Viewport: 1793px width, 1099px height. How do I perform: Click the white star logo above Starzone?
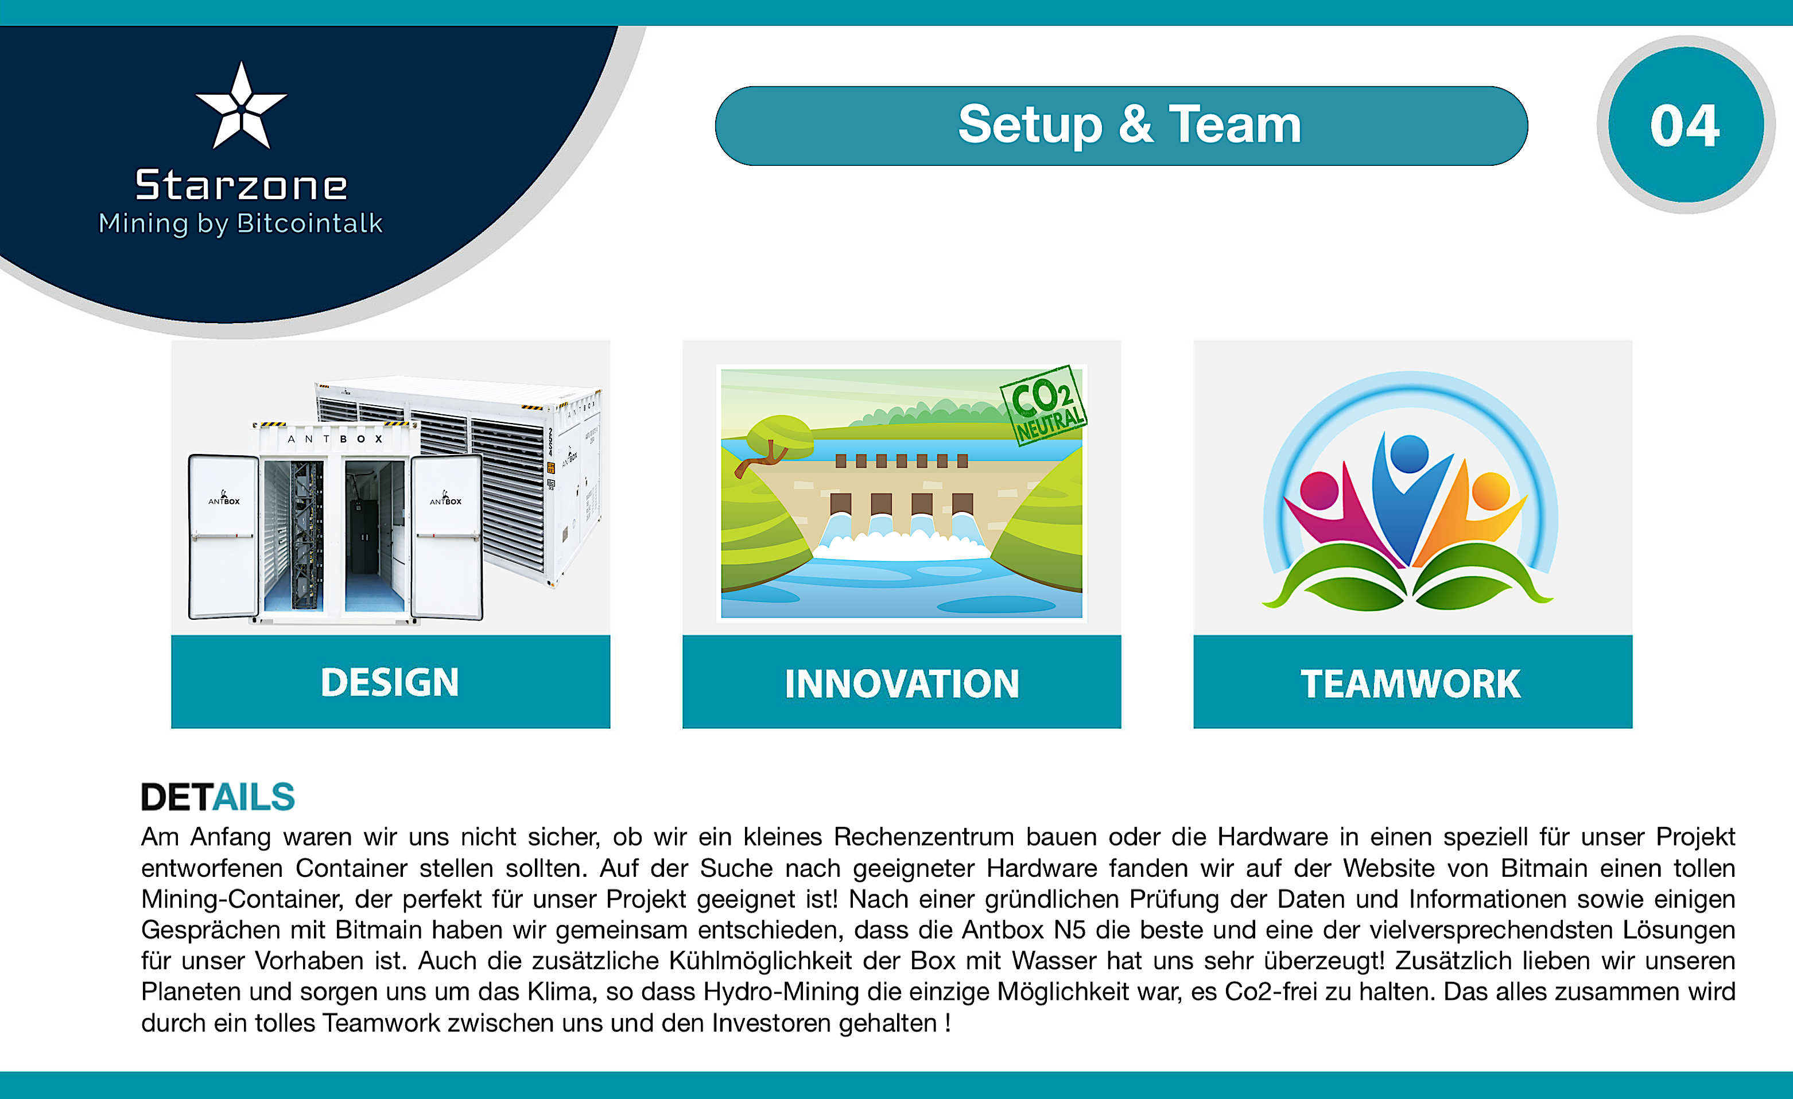point(241,107)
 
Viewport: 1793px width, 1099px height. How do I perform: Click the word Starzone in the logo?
point(241,185)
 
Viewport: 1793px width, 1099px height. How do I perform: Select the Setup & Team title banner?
point(1121,126)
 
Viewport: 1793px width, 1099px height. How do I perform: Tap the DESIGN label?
point(390,682)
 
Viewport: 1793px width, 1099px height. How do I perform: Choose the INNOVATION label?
point(902,684)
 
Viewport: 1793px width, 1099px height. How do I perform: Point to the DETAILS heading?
point(218,797)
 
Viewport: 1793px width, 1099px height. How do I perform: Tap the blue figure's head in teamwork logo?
point(1409,453)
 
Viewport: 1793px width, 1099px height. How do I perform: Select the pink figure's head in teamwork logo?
point(1318,491)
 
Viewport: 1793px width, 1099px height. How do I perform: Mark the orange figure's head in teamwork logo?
point(1491,491)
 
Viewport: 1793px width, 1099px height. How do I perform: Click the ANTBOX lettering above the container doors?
point(335,439)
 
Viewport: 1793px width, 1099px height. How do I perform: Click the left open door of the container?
point(223,537)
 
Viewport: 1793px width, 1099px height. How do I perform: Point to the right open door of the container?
point(446,537)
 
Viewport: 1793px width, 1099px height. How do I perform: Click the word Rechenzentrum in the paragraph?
point(923,837)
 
